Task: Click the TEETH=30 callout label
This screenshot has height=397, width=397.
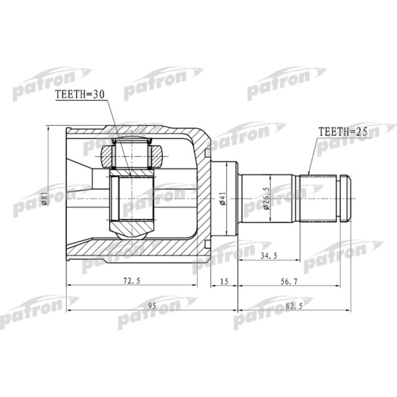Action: [79, 96]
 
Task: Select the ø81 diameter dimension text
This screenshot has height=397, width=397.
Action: [44, 198]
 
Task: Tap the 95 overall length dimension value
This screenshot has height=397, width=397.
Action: [151, 307]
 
